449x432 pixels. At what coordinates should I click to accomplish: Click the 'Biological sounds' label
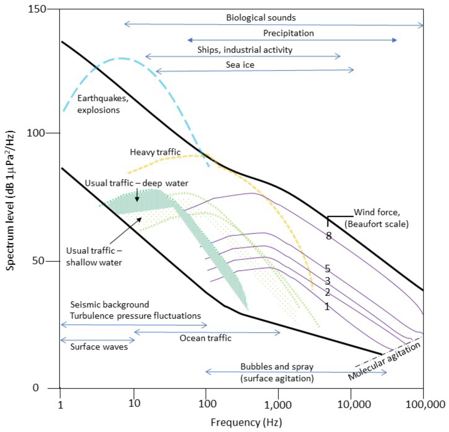[x=261, y=18]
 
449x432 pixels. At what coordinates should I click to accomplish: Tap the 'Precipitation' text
[x=289, y=33]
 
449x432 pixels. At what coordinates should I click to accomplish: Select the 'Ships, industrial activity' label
[x=245, y=50]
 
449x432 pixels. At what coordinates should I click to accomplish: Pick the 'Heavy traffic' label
[x=155, y=152]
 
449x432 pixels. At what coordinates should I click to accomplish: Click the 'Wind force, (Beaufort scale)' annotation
[x=381, y=219]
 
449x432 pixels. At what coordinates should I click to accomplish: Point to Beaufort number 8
[x=328, y=236]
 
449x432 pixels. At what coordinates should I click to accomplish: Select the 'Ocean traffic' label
[x=205, y=338]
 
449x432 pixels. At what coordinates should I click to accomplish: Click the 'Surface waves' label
[x=99, y=347]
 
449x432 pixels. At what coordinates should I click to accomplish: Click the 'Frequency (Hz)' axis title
[x=246, y=423]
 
